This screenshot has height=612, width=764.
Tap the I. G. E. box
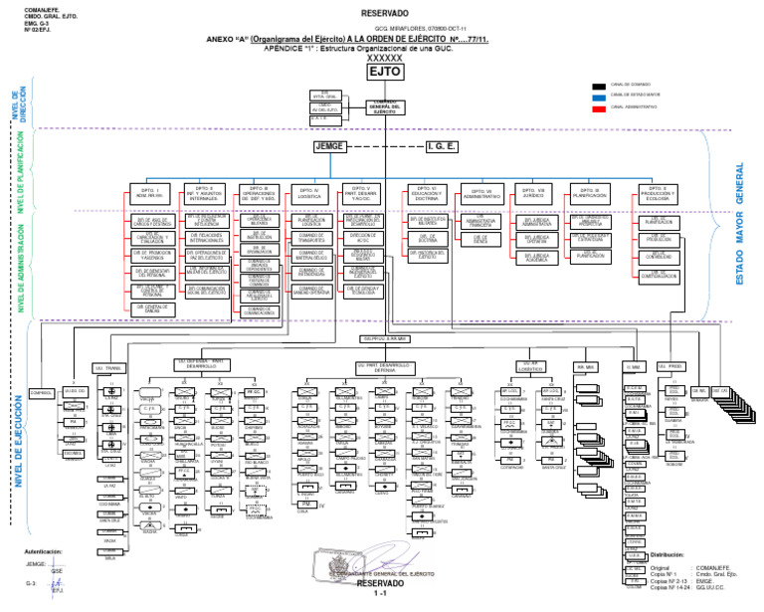point(441,146)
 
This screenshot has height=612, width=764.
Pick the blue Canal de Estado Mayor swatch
point(598,97)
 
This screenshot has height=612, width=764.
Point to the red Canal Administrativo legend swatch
point(598,106)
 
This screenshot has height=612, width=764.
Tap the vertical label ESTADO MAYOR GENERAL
point(738,226)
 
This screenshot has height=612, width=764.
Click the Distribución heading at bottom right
point(669,554)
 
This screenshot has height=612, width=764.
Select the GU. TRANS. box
point(106,367)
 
